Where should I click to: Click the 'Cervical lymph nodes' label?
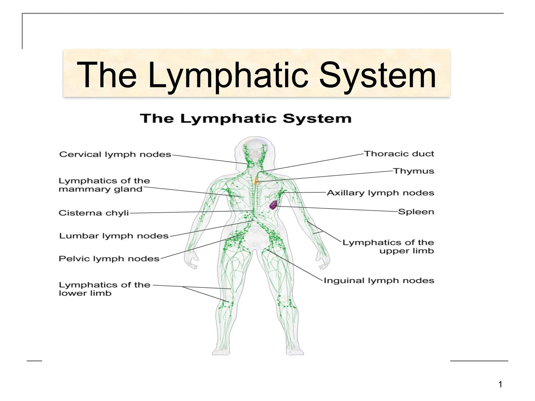click(115, 154)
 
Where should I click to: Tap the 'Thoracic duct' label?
click(399, 154)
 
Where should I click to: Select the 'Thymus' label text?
click(414, 171)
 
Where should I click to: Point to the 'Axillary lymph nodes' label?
click(380, 193)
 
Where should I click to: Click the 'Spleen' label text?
click(416, 212)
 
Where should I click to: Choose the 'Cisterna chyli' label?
click(94, 213)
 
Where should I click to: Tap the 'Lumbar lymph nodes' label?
click(114, 236)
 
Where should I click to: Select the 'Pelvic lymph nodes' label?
click(109, 259)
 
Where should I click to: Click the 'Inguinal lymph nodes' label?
click(379, 281)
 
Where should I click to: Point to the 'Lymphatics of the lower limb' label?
click(104, 289)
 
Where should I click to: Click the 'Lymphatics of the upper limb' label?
click(388, 247)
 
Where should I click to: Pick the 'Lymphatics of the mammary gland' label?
click(104, 185)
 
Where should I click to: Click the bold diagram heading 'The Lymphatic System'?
click(246, 119)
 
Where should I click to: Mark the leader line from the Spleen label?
click(337, 209)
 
